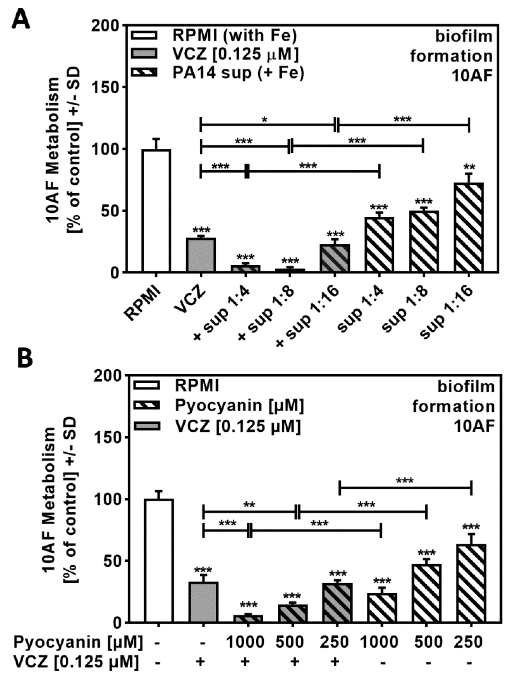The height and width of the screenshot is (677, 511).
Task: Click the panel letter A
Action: [21, 19]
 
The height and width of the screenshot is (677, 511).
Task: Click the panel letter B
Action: [24, 358]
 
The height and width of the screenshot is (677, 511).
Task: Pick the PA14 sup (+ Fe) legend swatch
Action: [144, 73]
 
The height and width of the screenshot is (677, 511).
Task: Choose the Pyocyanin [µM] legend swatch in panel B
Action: [146, 406]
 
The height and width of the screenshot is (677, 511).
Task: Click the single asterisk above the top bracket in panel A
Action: [264, 119]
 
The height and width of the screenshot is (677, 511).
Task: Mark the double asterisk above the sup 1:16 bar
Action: [469, 167]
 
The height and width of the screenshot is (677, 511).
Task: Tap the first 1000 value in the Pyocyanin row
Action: [245, 642]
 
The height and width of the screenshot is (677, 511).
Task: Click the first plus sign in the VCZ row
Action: [200, 662]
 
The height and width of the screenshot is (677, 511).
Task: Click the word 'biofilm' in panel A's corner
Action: [464, 37]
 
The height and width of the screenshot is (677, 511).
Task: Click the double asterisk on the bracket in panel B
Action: [249, 505]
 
